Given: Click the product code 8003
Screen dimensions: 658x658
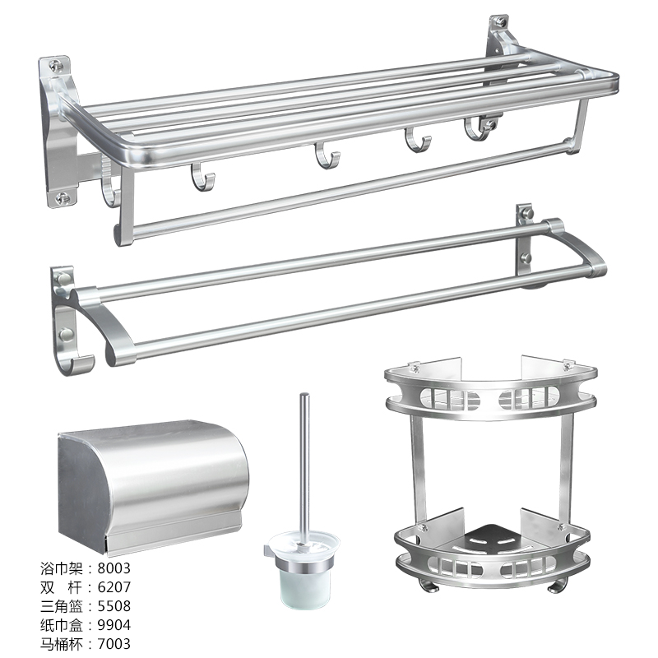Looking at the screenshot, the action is pos(114,568).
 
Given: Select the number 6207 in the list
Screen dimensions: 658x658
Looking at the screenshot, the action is pos(114,587).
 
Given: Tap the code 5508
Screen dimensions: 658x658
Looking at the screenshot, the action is pos(114,606).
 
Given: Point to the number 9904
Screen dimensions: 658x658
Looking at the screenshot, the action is pos(114,625).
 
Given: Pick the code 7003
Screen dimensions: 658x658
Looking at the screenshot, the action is pos(114,644).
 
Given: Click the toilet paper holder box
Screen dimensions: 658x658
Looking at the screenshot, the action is pos(153,487).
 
